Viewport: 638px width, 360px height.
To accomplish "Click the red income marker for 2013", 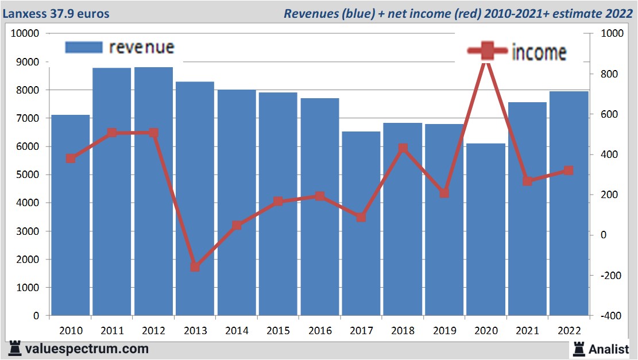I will pyautogui.click(x=195, y=267).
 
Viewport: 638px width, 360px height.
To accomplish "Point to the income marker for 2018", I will pyautogui.click(x=403, y=149).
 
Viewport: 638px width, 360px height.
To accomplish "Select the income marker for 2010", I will pyautogui.click(x=71, y=158).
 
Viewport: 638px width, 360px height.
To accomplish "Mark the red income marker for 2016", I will pyautogui.click(x=320, y=196).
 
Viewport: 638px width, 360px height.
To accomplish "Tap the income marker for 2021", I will pyautogui.click(x=528, y=181).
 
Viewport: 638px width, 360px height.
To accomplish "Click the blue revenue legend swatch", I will pyautogui.click(x=84, y=47).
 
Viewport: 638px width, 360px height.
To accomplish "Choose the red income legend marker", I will pyautogui.click(x=487, y=51).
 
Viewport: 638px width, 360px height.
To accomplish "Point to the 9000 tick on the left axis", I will pyautogui.click(x=25, y=62).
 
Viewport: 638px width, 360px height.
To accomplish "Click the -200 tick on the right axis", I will pyautogui.click(x=610, y=276).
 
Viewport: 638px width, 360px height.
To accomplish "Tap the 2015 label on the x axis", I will pyautogui.click(x=279, y=331).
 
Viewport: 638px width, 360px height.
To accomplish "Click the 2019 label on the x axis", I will pyautogui.click(x=444, y=331).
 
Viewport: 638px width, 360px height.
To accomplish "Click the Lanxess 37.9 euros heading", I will pyautogui.click(x=56, y=13).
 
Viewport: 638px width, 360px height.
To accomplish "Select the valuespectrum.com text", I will pyautogui.click(x=86, y=349).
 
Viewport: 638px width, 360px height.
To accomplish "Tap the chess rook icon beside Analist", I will pyautogui.click(x=578, y=348).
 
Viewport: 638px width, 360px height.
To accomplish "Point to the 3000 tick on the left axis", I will pyautogui.click(x=25, y=231).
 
